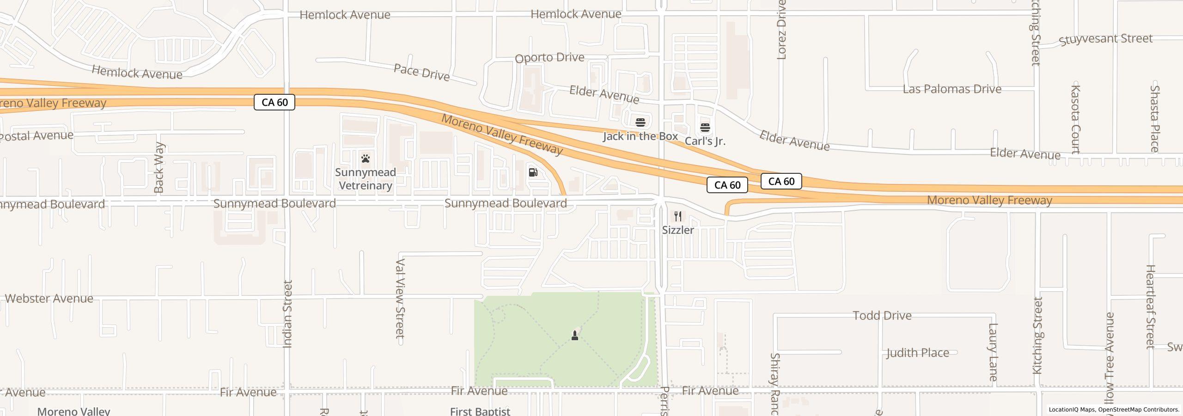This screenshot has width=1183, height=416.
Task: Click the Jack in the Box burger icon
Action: [640, 122]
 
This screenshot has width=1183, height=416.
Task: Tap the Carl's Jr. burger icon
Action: [705, 127]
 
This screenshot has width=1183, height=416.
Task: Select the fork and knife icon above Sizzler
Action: [678, 216]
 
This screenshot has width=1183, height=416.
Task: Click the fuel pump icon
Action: [533, 172]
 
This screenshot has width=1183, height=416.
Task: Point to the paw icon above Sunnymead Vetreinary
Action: [366, 159]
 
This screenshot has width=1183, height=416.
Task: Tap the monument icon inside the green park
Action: [575, 335]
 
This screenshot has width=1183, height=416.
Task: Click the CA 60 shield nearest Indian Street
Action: [274, 102]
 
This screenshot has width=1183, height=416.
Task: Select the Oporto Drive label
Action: [549, 58]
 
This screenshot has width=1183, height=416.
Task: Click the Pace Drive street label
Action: [421, 73]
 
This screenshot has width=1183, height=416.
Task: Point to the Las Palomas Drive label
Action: [952, 89]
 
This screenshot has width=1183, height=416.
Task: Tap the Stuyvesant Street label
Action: [1105, 39]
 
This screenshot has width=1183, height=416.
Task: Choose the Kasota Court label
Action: [1075, 119]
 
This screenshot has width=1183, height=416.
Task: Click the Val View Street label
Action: [400, 298]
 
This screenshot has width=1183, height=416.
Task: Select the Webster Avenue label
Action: [49, 299]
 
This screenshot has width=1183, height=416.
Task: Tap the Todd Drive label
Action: [882, 316]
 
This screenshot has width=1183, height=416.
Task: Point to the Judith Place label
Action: [917, 353]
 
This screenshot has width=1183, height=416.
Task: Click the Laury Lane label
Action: [993, 352]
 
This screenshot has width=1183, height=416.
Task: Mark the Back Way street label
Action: [159, 167]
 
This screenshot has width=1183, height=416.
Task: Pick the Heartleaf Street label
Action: [1150, 306]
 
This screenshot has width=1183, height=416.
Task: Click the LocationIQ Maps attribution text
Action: [1072, 410]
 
